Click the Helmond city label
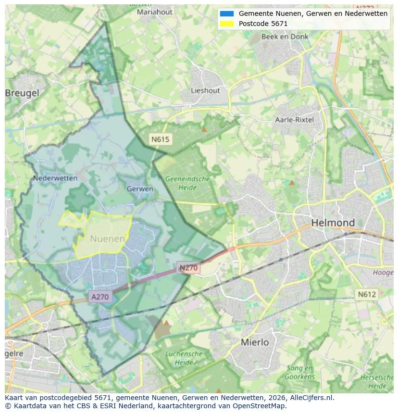tap(333, 223)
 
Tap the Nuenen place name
tap(108, 238)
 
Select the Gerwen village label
tap(140, 189)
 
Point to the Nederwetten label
tap(55, 178)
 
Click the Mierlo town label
tap(254, 342)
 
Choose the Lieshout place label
tap(205, 90)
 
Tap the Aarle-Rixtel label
tap(294, 120)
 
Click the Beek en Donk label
tap(285, 37)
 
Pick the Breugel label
tap(22, 93)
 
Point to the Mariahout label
tap(154, 12)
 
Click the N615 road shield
tap(160, 139)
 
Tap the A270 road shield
tap(100, 297)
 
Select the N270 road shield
tap(189, 268)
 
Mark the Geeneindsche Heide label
tap(187, 183)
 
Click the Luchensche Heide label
tap(184, 358)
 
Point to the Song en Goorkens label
tap(300, 373)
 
